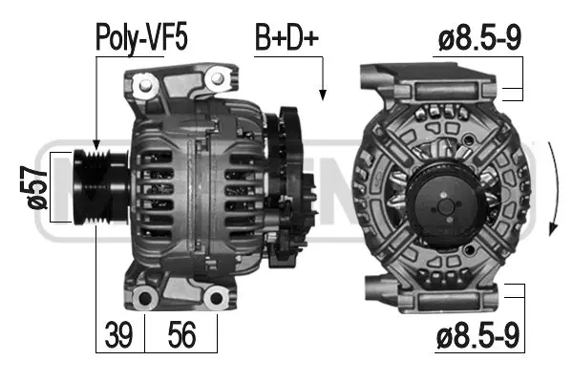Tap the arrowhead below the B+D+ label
(322, 93)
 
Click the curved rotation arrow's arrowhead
(552, 229)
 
